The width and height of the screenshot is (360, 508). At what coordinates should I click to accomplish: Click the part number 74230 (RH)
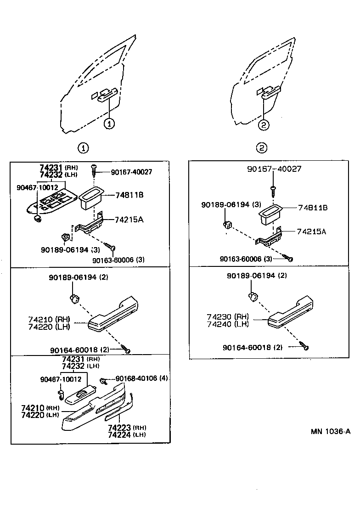tap(227, 317)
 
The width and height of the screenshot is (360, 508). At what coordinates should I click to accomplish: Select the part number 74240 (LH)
tap(227, 324)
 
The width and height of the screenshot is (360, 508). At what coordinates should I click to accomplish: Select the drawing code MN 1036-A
tap(330, 431)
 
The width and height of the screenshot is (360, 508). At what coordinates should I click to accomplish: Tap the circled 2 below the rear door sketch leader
tap(263, 124)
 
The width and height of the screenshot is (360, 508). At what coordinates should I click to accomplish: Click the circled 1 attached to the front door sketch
tap(109, 123)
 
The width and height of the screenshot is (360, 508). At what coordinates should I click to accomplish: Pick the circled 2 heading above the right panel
tap(262, 147)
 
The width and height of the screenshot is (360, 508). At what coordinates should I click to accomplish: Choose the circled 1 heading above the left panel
tap(83, 148)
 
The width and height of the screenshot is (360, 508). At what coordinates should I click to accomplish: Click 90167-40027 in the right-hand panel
tap(274, 169)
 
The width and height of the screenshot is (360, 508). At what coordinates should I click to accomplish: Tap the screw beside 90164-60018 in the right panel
tap(304, 346)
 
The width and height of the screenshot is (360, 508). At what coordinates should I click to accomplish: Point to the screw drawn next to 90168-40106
tap(104, 380)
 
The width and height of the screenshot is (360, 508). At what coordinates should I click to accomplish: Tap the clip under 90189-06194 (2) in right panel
tap(253, 296)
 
